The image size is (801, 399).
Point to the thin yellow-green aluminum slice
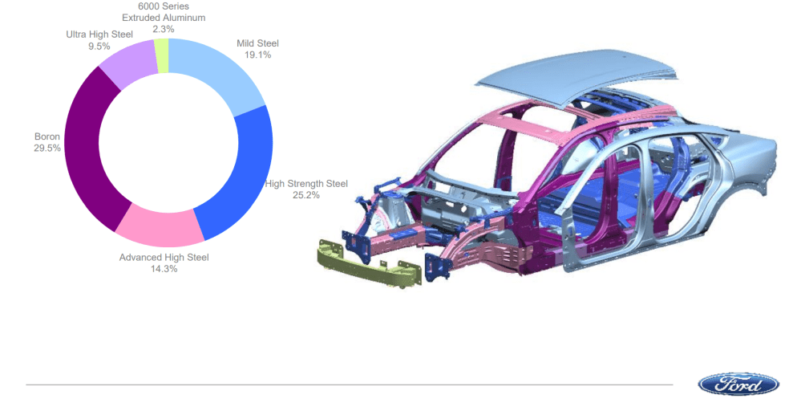point(163,55)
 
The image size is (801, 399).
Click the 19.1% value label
point(257,55)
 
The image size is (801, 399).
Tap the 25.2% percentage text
point(306,195)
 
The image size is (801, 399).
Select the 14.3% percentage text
point(164,269)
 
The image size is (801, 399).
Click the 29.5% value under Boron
point(47,149)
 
